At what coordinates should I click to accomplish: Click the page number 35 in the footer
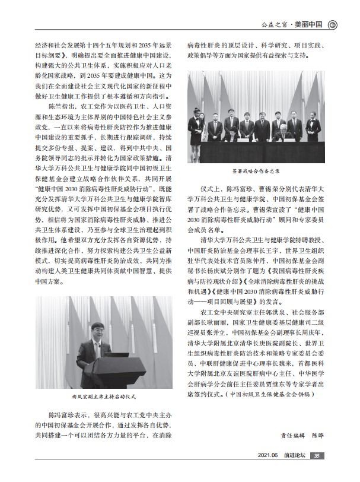point(317,472)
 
